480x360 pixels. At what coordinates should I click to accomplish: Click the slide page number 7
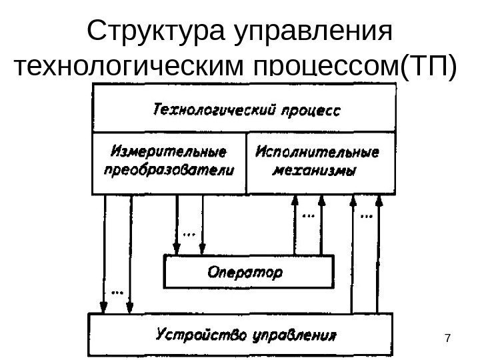click(447, 341)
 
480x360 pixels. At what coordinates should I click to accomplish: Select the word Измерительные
click(168, 151)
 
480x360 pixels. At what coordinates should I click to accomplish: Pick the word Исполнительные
click(317, 151)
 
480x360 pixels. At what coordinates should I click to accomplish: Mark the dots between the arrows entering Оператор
click(189, 234)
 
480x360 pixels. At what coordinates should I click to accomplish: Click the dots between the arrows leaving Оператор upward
click(309, 215)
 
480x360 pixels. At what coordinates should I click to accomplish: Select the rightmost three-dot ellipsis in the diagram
click(366, 215)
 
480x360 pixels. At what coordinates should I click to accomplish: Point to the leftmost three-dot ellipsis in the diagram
click(117, 291)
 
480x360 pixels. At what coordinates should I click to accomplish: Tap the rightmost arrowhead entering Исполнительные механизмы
click(378, 201)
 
